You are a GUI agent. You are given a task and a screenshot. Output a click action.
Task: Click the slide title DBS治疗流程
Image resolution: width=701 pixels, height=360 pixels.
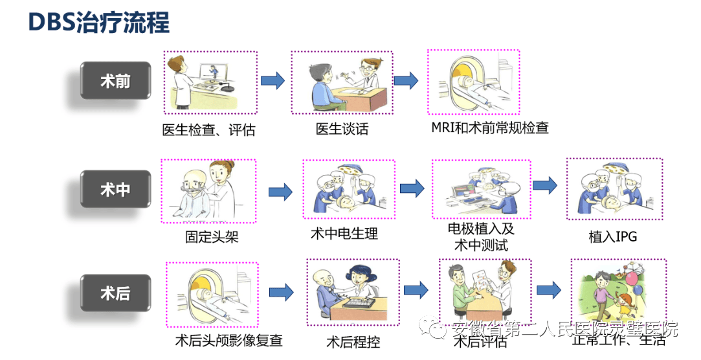99,23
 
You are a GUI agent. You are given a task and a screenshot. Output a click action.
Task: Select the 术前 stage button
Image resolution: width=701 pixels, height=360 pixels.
115,81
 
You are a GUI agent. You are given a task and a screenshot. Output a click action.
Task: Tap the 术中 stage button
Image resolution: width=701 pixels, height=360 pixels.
115,189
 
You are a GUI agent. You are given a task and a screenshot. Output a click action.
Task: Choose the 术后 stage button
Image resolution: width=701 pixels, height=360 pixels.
115,293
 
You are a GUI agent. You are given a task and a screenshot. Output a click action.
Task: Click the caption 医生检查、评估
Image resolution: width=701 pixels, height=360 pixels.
208,130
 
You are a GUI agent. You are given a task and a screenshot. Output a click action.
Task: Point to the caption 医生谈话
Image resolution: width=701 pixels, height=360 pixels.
342,129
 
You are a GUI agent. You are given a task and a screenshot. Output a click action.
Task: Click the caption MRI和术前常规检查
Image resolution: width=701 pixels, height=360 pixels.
490,128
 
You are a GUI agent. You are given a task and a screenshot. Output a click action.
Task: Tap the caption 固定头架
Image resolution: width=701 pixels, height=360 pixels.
212,237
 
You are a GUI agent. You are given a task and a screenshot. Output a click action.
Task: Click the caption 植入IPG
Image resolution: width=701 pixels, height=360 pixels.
612,237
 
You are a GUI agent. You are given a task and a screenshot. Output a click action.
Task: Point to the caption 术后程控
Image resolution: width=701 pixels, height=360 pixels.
353,342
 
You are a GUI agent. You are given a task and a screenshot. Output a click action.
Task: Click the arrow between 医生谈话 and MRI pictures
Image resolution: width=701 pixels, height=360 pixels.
406,80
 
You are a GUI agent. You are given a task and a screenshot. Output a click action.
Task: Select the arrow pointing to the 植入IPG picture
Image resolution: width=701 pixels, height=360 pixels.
544,185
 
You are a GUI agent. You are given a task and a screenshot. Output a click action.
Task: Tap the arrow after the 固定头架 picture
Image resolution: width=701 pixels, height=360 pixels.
280,191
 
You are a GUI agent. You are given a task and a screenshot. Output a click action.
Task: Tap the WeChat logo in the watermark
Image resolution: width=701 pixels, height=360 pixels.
436,330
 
